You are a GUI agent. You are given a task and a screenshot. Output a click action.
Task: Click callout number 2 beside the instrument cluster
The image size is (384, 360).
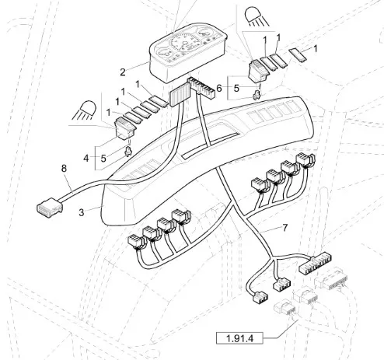point(123,72)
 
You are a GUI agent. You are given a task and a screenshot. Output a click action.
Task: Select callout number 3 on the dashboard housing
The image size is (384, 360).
point(82,212)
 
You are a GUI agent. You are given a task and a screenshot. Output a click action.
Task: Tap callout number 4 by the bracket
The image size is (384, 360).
point(86,158)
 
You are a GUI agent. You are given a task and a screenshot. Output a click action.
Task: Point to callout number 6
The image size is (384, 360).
point(219,89)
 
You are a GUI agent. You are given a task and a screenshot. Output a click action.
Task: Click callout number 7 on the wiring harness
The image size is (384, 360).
point(285,228)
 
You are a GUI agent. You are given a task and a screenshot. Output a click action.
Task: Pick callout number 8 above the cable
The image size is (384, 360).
point(64,169)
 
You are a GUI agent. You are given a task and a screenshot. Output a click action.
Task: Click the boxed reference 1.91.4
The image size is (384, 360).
point(239,338)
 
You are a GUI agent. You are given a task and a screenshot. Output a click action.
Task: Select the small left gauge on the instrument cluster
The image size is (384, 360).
point(164,53)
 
